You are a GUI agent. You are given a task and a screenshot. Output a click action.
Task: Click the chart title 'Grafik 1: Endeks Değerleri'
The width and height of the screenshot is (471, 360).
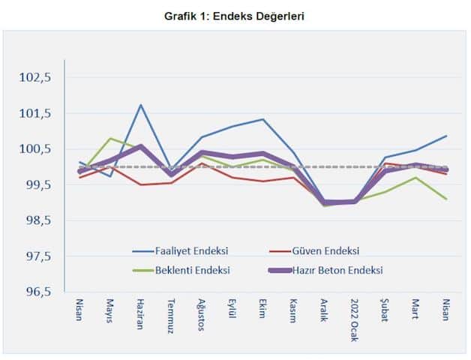click(235, 15)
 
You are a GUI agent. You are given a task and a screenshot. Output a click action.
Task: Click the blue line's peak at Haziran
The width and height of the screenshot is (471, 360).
click(141, 105)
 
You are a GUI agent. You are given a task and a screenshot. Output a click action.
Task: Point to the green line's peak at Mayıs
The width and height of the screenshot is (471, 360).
click(111, 138)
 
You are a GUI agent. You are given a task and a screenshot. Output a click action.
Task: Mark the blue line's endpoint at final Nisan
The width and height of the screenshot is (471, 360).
click(446, 136)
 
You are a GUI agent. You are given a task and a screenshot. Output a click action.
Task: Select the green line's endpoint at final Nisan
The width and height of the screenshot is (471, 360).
click(446, 199)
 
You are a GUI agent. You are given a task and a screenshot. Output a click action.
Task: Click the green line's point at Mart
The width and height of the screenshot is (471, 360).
click(415, 177)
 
